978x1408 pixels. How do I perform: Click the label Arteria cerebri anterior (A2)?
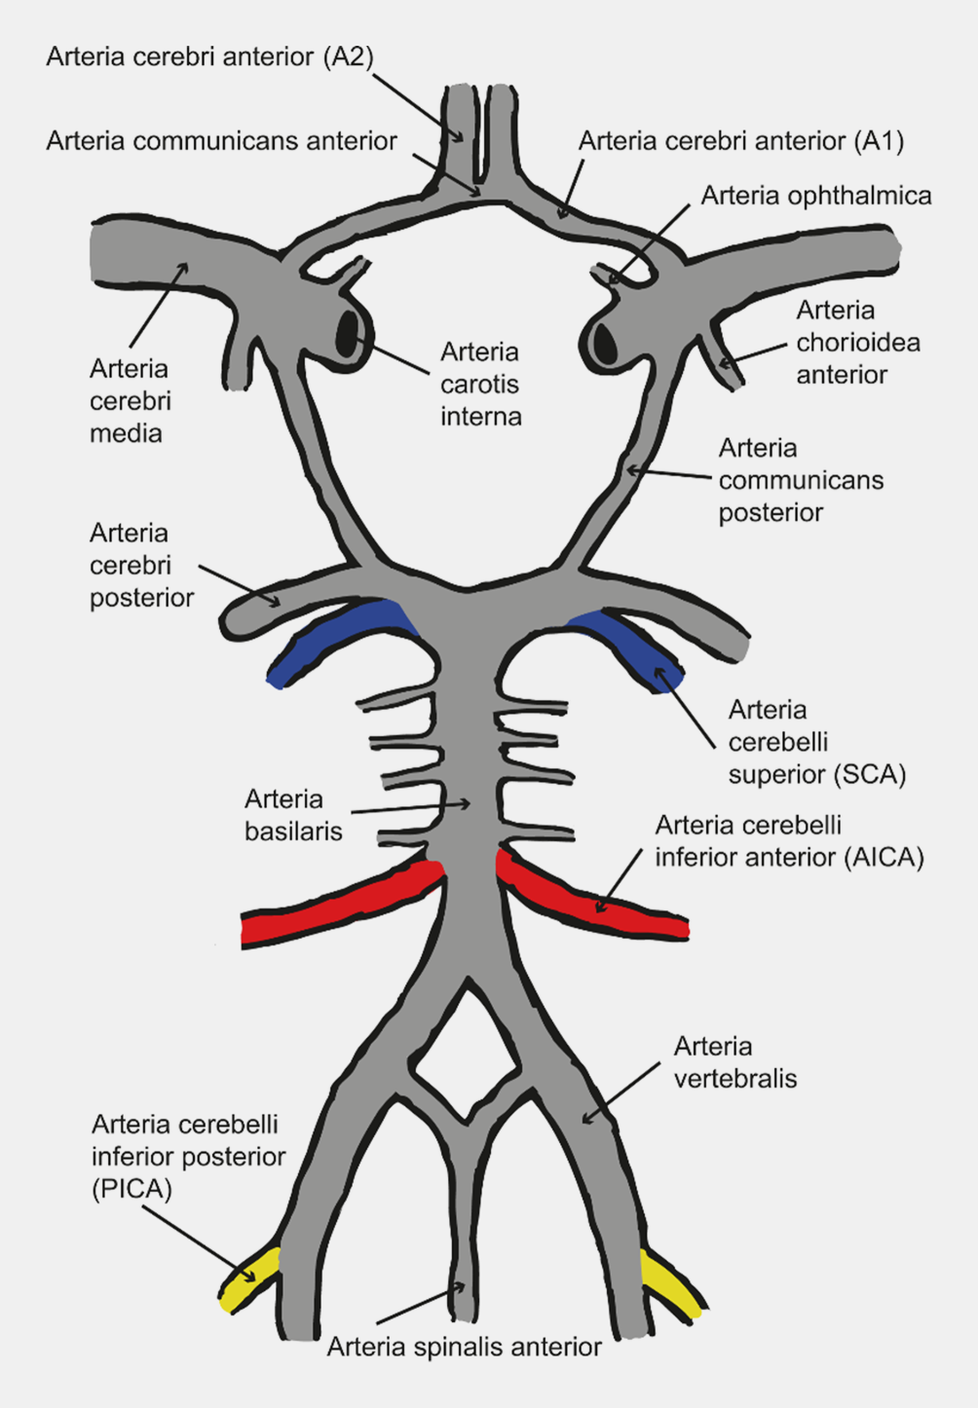coord(209,57)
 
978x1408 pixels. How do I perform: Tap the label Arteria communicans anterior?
coord(221,141)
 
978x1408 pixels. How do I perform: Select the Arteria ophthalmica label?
coord(815,197)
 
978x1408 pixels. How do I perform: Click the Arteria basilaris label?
coord(293,815)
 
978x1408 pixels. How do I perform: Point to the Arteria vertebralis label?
coord(734,1062)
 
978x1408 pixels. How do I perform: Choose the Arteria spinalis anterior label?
coord(464,1348)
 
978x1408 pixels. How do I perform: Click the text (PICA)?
coord(132,1189)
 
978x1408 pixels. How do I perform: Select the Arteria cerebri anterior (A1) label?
coord(740,141)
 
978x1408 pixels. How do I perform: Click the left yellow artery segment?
coord(248,1279)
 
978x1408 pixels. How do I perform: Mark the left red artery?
coord(341,904)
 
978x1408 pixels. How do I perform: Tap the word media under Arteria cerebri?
coord(126,433)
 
